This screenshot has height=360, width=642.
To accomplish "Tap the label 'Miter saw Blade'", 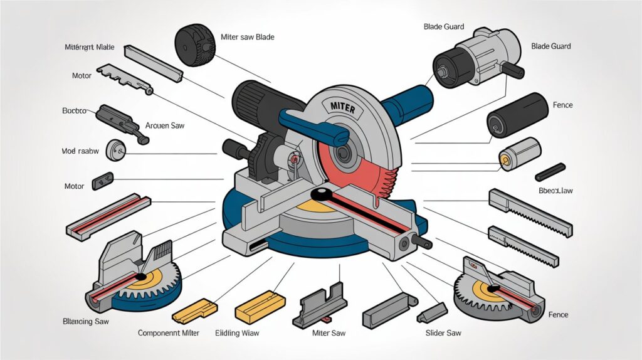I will [x=248, y=37].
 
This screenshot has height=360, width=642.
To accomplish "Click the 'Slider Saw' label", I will [x=443, y=332].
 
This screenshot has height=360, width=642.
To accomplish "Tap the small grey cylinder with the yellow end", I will [x=518, y=153].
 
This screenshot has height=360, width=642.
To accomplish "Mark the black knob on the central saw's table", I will [x=321, y=193].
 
